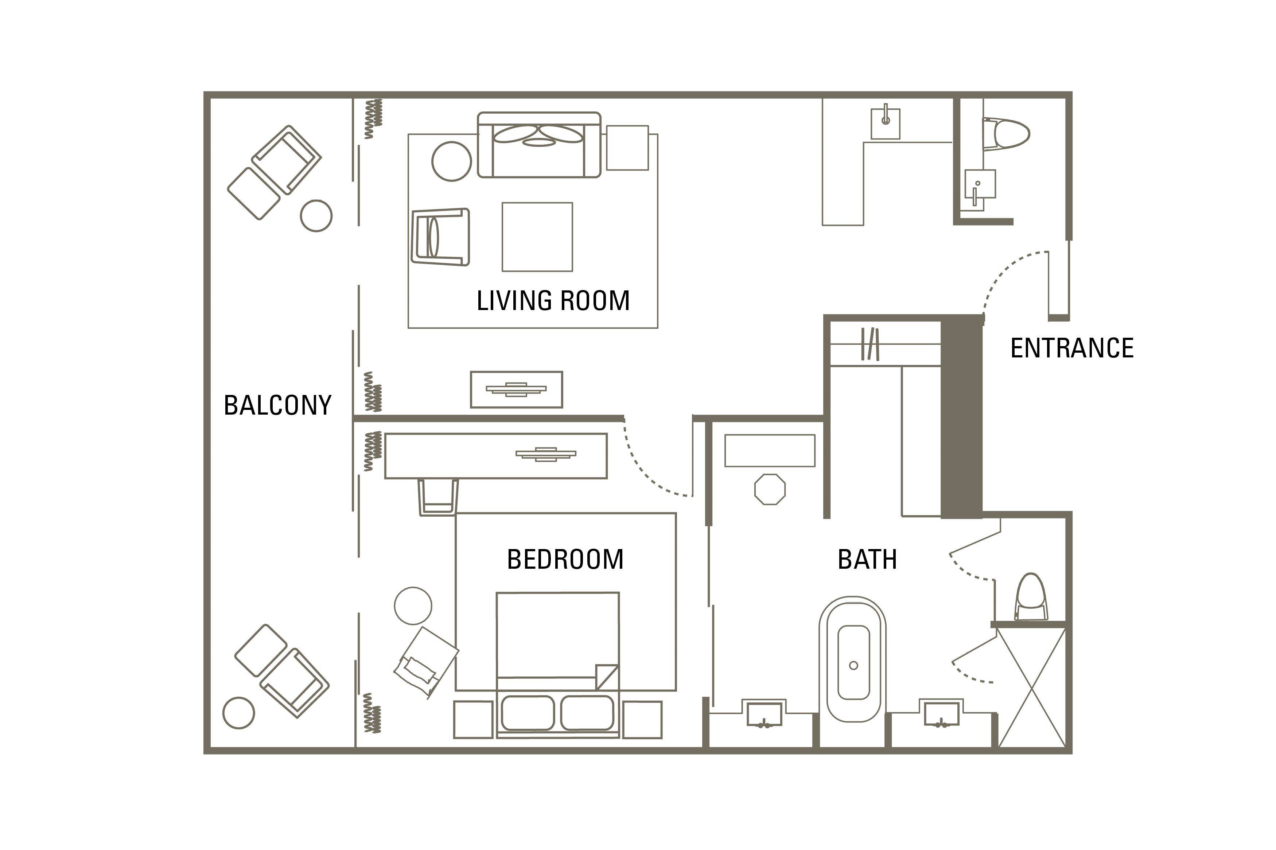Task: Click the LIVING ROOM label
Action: (553, 301)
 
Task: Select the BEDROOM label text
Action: (565, 559)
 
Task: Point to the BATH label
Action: (867, 559)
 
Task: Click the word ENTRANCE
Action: (1071, 348)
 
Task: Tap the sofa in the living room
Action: (539, 145)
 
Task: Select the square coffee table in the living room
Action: (537, 237)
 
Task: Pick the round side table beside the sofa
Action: (451, 161)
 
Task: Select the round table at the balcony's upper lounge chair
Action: (316, 216)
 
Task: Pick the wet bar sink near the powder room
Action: (886, 124)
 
